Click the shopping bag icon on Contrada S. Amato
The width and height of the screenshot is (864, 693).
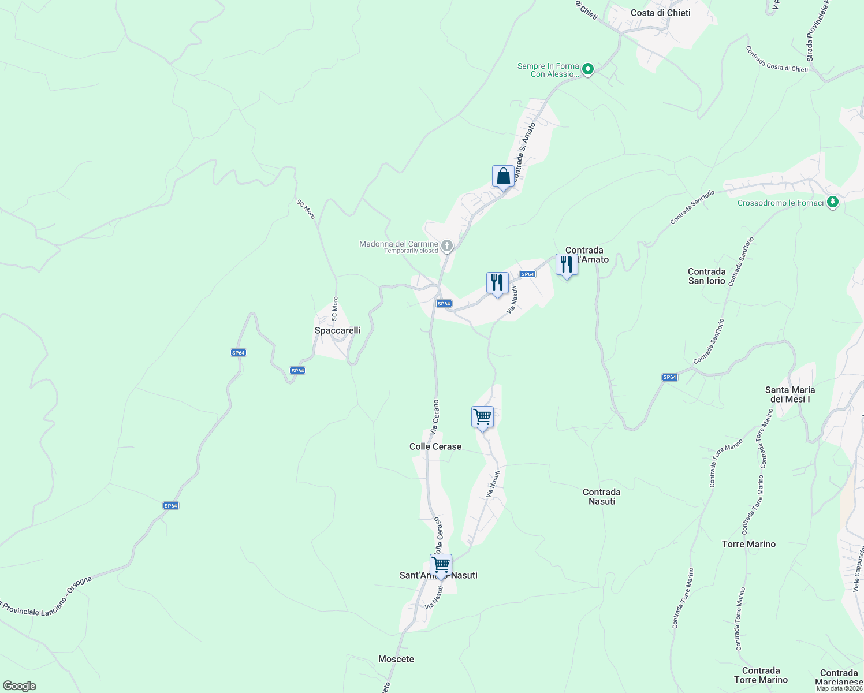(503, 176)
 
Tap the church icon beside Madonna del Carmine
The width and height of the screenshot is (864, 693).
(446, 246)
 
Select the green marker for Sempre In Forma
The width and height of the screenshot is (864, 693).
(588, 69)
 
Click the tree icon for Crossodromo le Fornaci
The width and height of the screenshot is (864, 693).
(832, 202)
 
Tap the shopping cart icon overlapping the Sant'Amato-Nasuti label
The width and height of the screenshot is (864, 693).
(441, 565)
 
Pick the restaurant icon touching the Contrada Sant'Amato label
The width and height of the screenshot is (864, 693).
(567, 264)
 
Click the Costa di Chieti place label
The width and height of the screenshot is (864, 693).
(660, 13)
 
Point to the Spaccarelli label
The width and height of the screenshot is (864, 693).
(337, 330)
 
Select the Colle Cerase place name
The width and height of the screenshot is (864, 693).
(435, 446)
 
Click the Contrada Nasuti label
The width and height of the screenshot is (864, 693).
(602, 497)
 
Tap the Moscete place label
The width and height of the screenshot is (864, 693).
(396, 659)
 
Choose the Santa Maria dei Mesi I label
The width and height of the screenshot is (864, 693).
(789, 394)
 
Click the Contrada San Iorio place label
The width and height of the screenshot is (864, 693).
(707, 276)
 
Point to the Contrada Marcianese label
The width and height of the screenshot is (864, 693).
(839, 677)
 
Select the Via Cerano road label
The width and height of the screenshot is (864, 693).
(435, 417)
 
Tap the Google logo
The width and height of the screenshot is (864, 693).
(19, 686)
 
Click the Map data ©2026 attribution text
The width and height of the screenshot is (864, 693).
(839, 688)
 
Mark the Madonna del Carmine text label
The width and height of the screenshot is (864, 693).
(399, 244)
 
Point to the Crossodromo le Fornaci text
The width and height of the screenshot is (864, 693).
(780, 203)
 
